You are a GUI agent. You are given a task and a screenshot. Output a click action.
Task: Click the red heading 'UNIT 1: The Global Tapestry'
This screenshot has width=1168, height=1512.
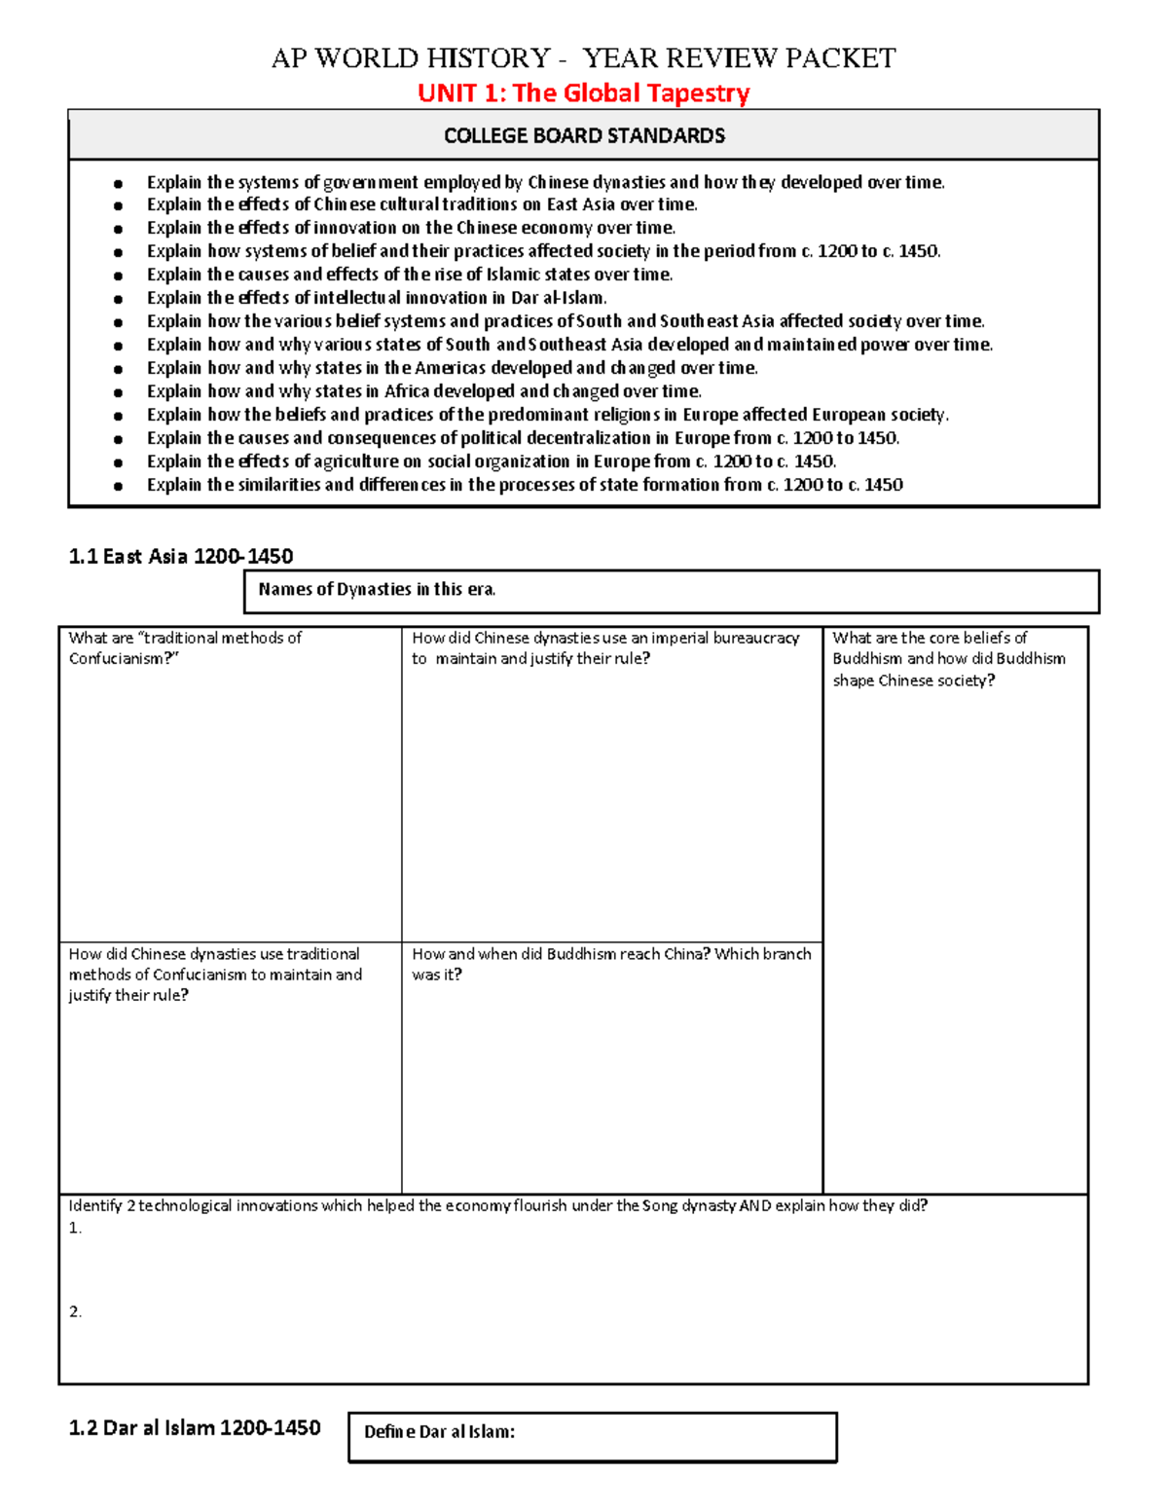point(583,93)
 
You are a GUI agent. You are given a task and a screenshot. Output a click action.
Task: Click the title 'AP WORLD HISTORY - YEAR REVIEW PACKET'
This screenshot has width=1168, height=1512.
point(583,58)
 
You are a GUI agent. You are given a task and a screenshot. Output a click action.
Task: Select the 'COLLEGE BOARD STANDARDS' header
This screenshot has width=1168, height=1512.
point(584,135)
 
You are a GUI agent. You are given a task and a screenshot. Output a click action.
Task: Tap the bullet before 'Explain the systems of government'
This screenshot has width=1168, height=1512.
point(119,183)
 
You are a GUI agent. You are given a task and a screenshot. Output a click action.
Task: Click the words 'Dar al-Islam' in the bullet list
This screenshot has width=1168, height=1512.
point(558,298)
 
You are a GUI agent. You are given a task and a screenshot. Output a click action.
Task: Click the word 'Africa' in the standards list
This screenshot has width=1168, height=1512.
point(407,391)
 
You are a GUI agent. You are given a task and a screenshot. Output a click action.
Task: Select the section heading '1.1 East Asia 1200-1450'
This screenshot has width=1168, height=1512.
point(181,556)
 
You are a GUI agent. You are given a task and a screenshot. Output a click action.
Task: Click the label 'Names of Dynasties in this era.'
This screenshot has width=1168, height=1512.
point(377,589)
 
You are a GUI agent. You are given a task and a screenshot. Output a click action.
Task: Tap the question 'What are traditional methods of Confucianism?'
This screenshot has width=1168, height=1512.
point(185,648)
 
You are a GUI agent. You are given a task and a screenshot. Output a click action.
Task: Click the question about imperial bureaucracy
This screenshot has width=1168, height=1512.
point(605,648)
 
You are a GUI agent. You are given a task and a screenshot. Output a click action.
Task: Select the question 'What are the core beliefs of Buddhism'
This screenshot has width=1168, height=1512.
point(948,659)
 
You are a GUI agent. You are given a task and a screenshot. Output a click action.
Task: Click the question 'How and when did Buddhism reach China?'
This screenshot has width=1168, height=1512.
point(610,964)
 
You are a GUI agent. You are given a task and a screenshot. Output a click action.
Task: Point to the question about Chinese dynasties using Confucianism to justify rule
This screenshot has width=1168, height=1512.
point(215,975)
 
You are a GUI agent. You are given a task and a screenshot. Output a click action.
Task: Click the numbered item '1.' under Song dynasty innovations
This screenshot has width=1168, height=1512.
point(75,1229)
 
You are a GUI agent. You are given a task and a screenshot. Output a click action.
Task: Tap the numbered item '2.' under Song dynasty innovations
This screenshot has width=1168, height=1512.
point(75,1312)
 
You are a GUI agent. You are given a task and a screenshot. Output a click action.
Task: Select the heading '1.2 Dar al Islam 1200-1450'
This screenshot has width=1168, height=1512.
point(195,1428)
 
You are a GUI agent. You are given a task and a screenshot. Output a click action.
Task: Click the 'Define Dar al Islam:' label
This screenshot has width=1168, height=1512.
point(439,1432)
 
